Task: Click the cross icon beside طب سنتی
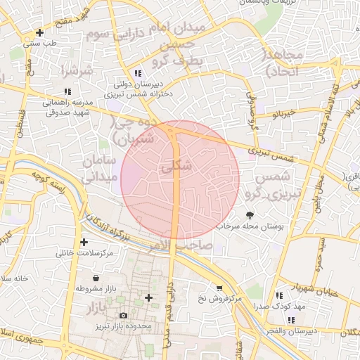39,33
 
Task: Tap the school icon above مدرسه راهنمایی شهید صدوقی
67,91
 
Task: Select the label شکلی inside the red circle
175,168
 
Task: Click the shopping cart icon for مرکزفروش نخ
219,288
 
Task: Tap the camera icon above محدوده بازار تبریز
124,316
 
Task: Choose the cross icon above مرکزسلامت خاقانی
84,242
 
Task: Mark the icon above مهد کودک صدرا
279,296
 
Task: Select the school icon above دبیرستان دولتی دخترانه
138,73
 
